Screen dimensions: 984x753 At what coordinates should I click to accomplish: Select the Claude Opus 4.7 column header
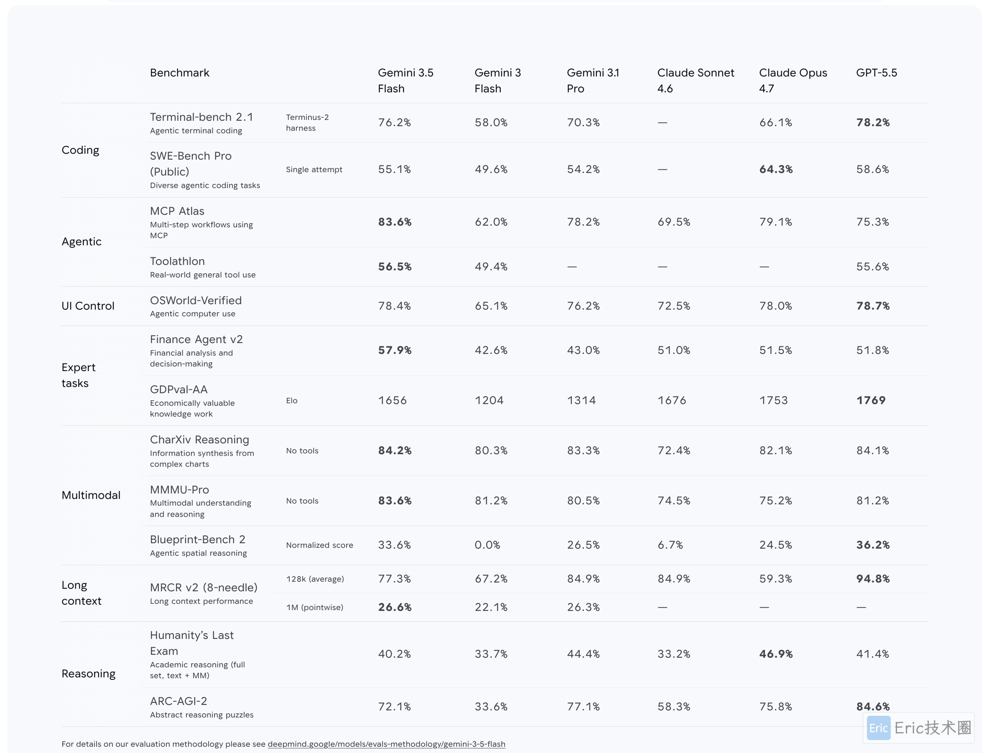click(793, 81)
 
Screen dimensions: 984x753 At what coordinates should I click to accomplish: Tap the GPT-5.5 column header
click(877, 73)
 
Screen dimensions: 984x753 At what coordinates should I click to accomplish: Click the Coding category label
click(80, 150)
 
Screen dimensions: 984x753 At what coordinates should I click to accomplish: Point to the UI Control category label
click(88, 306)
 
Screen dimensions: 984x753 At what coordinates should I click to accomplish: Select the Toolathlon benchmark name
click(177, 261)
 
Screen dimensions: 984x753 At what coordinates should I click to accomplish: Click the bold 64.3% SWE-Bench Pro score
click(775, 169)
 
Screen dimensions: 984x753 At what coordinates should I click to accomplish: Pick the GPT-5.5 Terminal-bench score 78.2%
click(873, 122)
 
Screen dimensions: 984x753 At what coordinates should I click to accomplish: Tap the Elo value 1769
click(871, 400)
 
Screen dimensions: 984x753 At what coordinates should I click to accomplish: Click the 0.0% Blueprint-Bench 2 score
click(487, 545)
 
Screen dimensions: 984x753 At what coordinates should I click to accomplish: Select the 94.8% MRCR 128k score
click(873, 579)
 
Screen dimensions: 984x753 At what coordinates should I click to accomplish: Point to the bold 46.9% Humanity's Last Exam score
click(775, 654)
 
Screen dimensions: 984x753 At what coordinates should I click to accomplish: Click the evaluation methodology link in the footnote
click(386, 744)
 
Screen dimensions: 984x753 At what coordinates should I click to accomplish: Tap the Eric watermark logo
click(879, 728)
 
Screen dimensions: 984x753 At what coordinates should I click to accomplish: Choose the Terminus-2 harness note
click(307, 122)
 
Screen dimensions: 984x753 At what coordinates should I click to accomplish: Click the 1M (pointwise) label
click(315, 607)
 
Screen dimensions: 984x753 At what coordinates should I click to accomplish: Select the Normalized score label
click(320, 545)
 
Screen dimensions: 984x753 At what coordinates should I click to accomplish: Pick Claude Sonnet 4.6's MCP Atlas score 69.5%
click(674, 222)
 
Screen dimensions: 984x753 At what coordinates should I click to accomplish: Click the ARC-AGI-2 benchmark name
click(178, 701)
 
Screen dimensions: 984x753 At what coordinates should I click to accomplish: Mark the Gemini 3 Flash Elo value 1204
click(489, 400)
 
